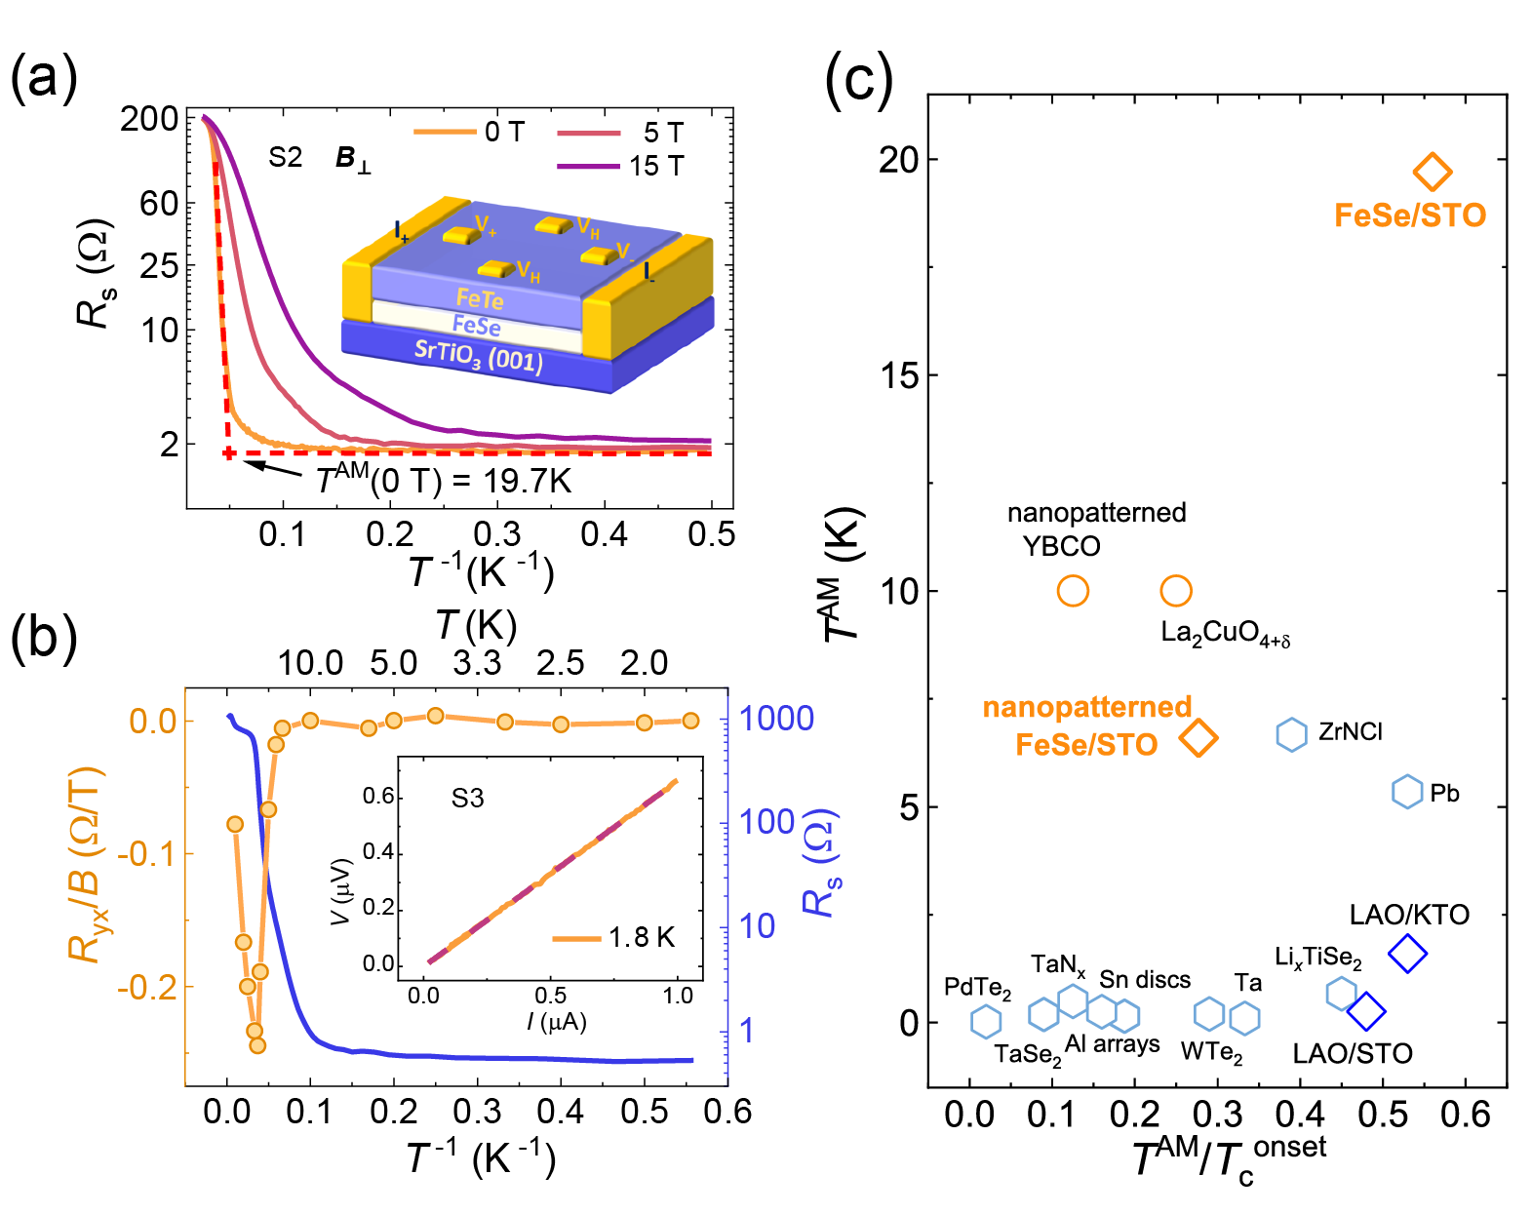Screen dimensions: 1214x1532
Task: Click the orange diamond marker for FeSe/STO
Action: pyautogui.click(x=1433, y=173)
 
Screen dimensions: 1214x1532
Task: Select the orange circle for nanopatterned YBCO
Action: pyautogui.click(x=1073, y=591)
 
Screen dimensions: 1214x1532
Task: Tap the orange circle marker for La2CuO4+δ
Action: pyautogui.click(x=1176, y=591)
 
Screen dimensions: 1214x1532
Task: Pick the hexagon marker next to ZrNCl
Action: pyautogui.click(x=1291, y=734)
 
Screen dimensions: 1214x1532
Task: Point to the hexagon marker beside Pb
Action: pyautogui.click(x=1406, y=792)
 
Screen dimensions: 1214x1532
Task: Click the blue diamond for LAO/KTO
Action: pyautogui.click(x=1407, y=953)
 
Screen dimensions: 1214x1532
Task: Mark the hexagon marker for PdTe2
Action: pyautogui.click(x=986, y=1021)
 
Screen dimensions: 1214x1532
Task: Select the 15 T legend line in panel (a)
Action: pyautogui.click(x=588, y=167)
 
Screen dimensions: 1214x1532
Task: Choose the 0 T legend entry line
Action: pyautogui.click(x=444, y=132)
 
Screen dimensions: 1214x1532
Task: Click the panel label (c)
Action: pyautogui.click(x=858, y=78)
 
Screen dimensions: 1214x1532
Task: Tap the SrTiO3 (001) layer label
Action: pyautogui.click(x=478, y=357)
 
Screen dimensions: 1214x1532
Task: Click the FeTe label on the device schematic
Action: pyautogui.click(x=480, y=298)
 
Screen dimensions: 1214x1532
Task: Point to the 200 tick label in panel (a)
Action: pyautogui.click(x=149, y=119)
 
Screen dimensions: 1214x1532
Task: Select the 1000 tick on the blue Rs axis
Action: pyautogui.click(x=776, y=719)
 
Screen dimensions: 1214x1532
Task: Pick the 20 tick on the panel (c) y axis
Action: pyautogui.click(x=898, y=159)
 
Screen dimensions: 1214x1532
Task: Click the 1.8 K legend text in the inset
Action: pyautogui.click(x=642, y=938)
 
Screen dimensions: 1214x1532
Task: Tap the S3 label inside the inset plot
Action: pyautogui.click(x=467, y=799)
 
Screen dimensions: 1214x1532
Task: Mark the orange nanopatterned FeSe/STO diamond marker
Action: pyautogui.click(x=1198, y=738)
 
